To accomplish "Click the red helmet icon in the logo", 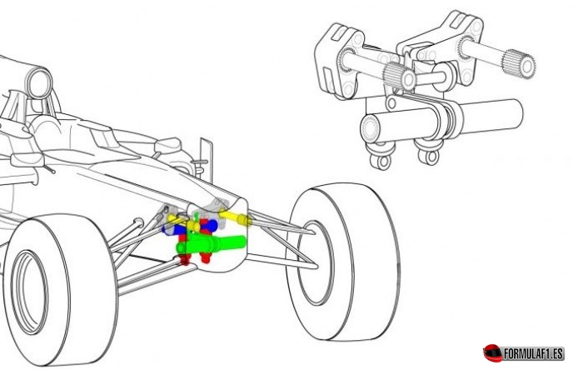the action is coord(492,352).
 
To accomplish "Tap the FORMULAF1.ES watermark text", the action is coord(534,354).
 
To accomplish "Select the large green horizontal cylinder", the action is coord(212,243).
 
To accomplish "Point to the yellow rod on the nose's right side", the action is coord(234,217).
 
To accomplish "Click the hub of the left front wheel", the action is coord(29,292).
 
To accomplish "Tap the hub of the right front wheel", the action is coord(315,262).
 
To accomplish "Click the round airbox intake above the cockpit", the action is coord(39,83).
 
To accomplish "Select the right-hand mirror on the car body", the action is coord(168,145).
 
